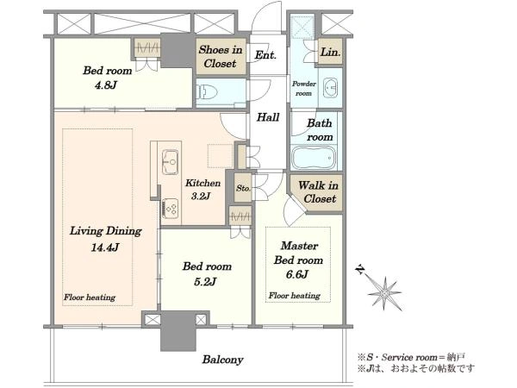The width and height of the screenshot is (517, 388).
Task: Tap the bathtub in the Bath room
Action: [x=314, y=158]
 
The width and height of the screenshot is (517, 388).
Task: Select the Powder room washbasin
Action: [x=330, y=88]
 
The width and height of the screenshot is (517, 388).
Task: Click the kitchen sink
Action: [x=171, y=162]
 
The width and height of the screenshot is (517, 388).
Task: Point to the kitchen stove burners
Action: [x=171, y=208]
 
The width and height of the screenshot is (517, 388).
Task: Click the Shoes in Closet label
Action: [x=221, y=56]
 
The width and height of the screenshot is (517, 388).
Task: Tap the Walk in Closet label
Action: [x=318, y=192]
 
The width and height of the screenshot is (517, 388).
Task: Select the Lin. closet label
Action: [x=330, y=52]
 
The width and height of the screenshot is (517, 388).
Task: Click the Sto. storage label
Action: [x=243, y=188]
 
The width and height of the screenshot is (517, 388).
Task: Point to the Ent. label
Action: [x=265, y=55]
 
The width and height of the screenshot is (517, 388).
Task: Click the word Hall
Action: [x=268, y=117]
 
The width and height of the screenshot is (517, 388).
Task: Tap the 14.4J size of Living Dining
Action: [x=105, y=247]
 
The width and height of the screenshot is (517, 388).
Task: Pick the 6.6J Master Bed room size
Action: [x=297, y=274]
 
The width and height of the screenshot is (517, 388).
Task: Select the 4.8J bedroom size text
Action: [x=106, y=85]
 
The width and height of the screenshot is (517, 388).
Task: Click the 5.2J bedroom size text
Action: [x=205, y=281]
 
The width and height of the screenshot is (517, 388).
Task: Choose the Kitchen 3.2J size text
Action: [x=201, y=197]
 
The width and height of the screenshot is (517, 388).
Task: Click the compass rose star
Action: [x=384, y=293]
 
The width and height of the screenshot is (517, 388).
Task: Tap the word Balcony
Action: [x=222, y=360]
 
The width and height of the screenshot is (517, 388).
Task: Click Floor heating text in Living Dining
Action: [x=90, y=297]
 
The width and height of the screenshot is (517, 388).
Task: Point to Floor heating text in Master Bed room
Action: [x=294, y=295]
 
